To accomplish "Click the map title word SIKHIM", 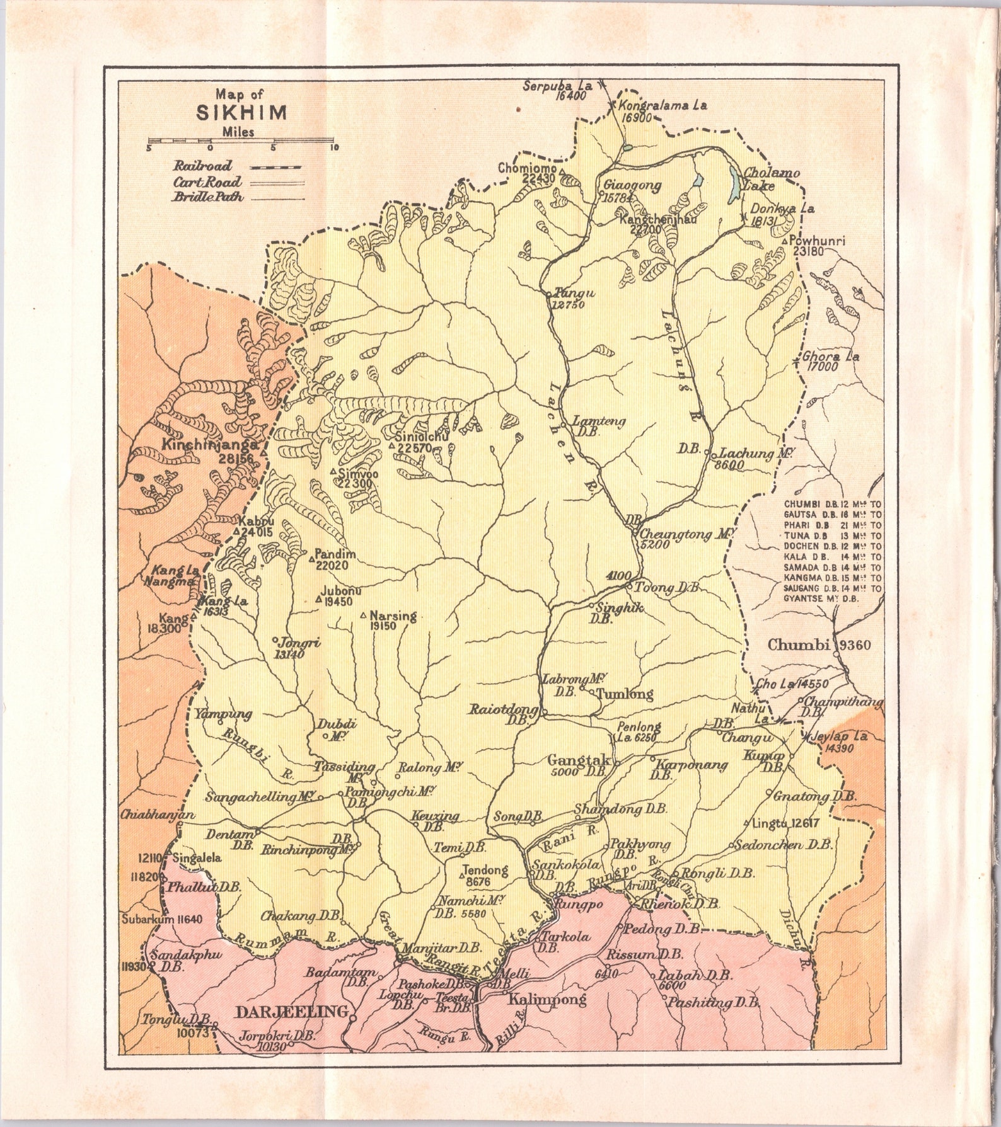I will (x=241, y=113).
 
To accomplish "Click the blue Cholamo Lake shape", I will (x=734, y=185).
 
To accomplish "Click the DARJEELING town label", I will (x=291, y=1012).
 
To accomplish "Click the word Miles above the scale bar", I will (x=238, y=132).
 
